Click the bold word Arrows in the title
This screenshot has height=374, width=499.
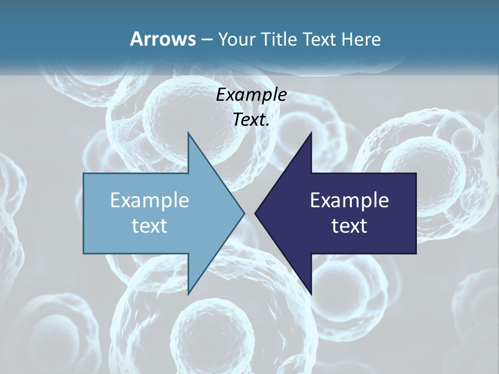[x=163, y=39]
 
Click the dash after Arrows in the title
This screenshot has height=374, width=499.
[x=206, y=39]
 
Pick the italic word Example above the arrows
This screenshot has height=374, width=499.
[x=252, y=95]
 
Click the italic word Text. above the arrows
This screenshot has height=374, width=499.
[x=252, y=119]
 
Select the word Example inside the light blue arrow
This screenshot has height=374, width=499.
[x=150, y=201]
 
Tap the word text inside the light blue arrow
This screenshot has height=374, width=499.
[x=150, y=225]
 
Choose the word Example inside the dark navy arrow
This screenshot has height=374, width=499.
[x=349, y=201]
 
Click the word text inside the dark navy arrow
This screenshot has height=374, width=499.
[x=349, y=225]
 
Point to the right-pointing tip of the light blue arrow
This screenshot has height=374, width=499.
[x=244, y=213]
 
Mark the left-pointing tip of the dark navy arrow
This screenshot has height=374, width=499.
[x=255, y=213]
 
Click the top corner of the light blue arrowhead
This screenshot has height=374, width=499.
[x=188, y=132]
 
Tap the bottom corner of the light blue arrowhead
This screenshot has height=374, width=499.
[x=188, y=294]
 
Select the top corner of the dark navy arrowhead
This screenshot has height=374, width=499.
[x=311, y=132]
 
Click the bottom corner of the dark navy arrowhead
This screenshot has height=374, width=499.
[x=311, y=294]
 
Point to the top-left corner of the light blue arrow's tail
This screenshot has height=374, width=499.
[x=84, y=173]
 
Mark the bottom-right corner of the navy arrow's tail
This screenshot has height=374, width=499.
[x=416, y=253]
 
